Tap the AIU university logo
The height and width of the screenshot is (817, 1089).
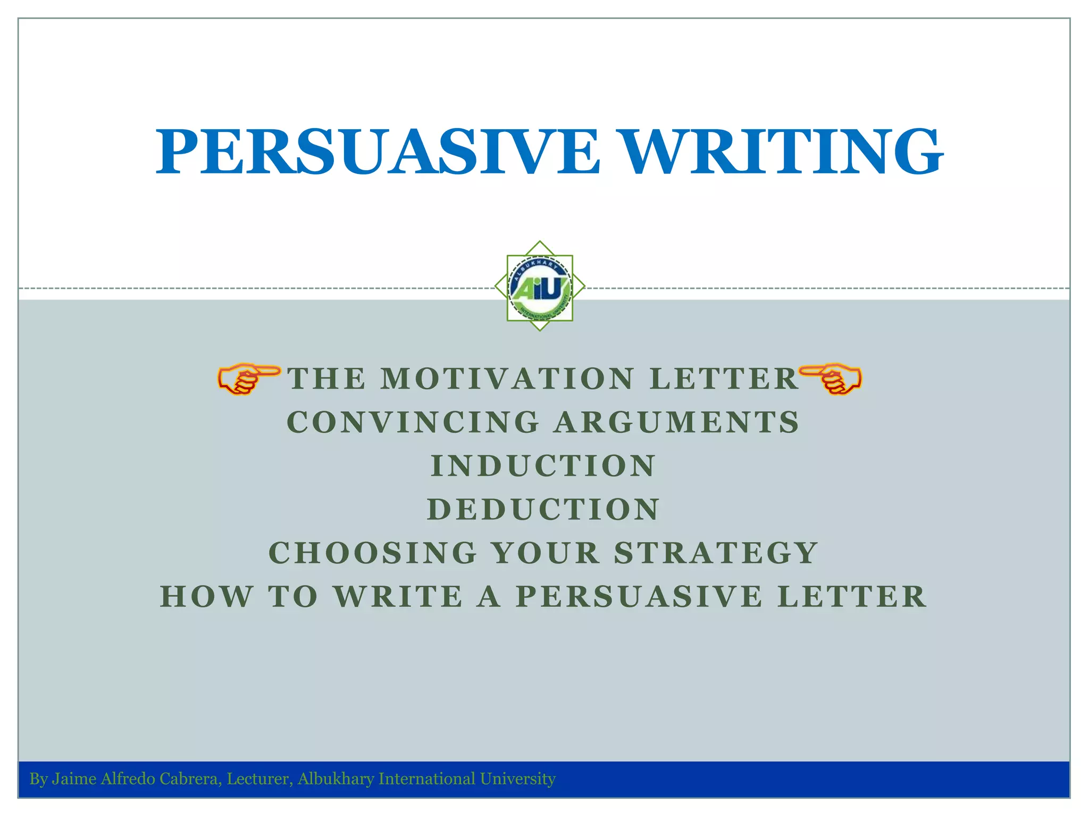(540, 288)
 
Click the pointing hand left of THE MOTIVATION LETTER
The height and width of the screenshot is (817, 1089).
(248, 378)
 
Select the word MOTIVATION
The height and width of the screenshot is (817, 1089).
(508, 379)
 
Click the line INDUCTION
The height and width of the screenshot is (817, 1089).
(543, 466)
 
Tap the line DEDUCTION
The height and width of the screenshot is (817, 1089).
(543, 510)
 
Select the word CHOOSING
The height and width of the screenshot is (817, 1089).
(373, 553)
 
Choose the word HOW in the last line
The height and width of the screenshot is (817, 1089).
(207, 596)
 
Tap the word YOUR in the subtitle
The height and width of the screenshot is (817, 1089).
(546, 553)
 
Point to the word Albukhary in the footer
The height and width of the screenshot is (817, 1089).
(336, 779)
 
